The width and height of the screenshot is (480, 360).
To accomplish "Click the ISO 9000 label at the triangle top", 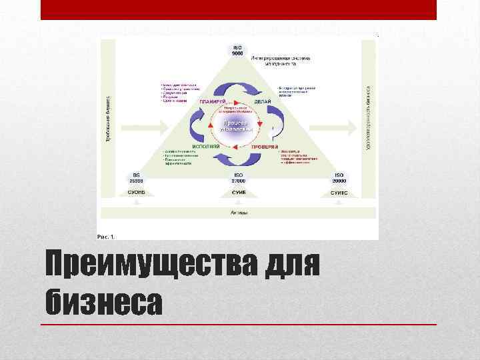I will tap(238, 51).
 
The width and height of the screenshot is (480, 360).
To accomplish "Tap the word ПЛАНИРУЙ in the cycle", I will tap(211, 101).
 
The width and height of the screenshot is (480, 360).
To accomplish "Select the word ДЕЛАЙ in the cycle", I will tap(262, 101).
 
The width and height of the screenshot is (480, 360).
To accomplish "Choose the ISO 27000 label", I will tap(237, 178).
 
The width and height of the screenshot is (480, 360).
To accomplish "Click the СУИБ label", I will tap(237, 192).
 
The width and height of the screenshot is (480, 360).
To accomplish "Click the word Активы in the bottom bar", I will tap(238, 213).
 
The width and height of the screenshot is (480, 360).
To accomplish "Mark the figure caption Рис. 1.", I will tap(106, 235).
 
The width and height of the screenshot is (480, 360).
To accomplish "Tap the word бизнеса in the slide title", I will tap(104, 303).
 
